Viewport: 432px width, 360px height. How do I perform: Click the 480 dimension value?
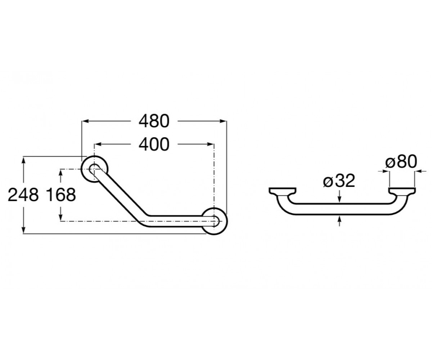(x=154, y=121)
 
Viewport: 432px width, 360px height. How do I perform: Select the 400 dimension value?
(x=154, y=144)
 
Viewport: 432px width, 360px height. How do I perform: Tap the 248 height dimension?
(x=23, y=195)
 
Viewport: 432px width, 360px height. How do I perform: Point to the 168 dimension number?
(x=61, y=195)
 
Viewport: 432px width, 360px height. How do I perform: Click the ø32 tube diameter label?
(x=339, y=181)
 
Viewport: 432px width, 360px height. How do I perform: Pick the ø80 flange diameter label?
(x=401, y=162)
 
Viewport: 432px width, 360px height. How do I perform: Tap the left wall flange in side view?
(x=283, y=192)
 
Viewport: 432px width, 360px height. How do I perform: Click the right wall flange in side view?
(x=402, y=192)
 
